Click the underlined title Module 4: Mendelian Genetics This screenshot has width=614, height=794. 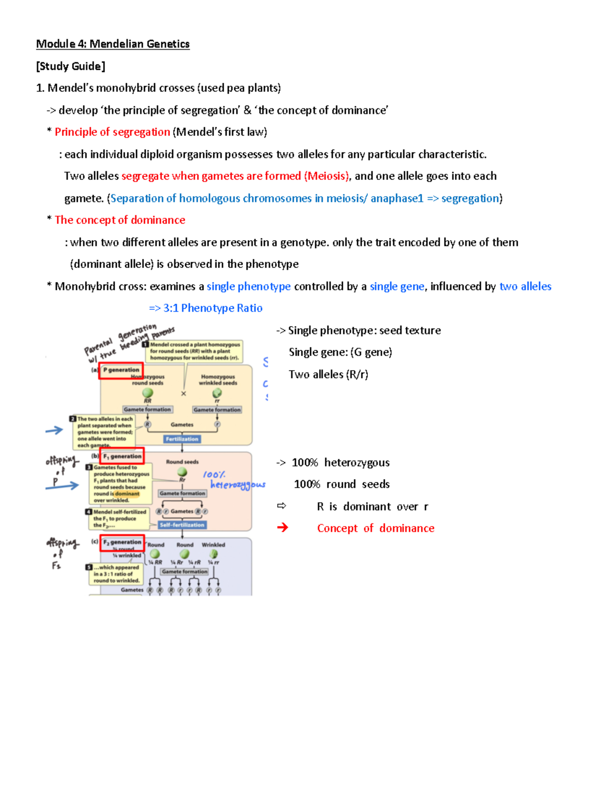tap(113, 44)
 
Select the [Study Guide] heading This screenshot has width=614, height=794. tap(71, 66)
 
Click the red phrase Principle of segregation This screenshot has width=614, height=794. tap(112, 132)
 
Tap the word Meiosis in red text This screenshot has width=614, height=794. tap(327, 176)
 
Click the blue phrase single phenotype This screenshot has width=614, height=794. tap(249, 286)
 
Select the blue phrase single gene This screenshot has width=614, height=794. tap(397, 286)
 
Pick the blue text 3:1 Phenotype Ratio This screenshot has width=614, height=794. tap(212, 308)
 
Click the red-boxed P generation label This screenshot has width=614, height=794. tap(121, 370)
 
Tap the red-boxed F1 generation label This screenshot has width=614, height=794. tap(122, 456)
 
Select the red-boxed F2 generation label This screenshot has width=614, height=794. tap(122, 542)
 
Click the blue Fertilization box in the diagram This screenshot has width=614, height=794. tap(182, 439)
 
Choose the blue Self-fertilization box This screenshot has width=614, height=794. tap(182, 525)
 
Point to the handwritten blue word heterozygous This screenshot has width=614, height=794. tap(238, 485)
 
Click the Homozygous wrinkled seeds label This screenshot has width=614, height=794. tap(218, 380)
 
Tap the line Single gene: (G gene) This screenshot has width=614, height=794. tap(340, 352)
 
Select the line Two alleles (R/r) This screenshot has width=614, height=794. tap(328, 374)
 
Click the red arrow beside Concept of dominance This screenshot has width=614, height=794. tap(282, 528)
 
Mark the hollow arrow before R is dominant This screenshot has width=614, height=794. tap(281, 506)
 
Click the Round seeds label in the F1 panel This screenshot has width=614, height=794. tap(182, 462)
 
